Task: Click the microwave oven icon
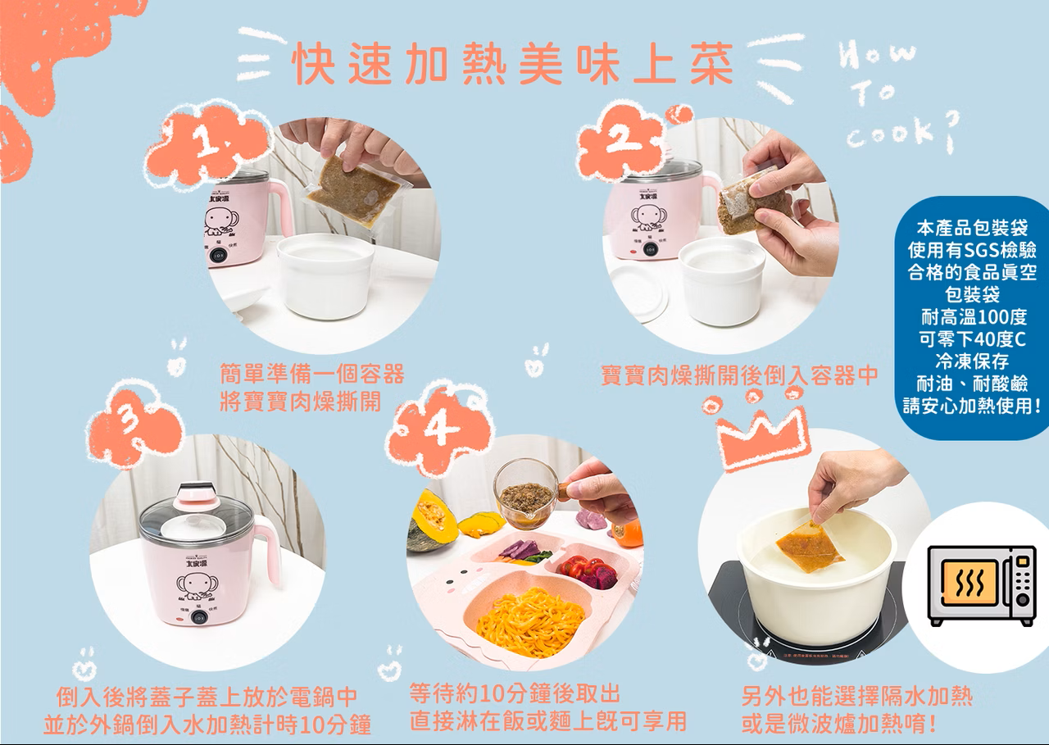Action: tap(982, 585)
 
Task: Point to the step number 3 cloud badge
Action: tap(133, 424)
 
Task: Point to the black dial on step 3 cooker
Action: tap(198, 617)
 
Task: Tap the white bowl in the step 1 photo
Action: tap(325, 275)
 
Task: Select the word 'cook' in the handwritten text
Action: tap(891, 134)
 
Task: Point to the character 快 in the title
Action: tap(313, 64)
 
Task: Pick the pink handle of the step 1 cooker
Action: tap(281, 205)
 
